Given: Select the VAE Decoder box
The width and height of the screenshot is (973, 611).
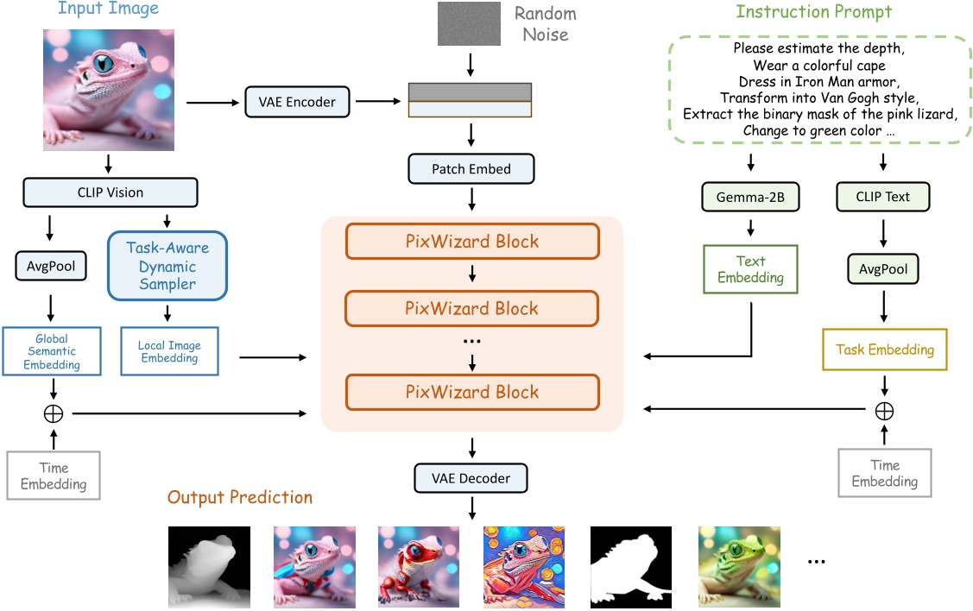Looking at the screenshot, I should pos(471,478).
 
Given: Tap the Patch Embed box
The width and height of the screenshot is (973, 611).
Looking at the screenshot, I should pos(471,169).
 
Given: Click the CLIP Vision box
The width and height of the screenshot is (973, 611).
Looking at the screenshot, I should pos(111,192).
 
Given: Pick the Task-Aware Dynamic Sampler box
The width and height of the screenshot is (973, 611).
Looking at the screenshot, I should pos(167,266).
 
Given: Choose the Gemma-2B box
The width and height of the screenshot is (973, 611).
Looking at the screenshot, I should pos(750,197).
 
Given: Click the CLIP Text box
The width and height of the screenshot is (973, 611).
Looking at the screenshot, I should pos(882,197).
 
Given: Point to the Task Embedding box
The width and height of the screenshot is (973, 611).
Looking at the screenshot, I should pos(885,350).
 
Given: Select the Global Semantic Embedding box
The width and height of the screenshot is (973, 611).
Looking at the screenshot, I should pos(52,351).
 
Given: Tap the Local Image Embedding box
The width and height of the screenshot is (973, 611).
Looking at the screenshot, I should pos(169,351).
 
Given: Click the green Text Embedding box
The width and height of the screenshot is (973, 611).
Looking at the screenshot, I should pos(750,269).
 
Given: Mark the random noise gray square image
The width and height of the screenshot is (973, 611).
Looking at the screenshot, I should pos(470,23).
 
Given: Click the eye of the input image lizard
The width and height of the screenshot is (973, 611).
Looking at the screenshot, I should pos(104,64).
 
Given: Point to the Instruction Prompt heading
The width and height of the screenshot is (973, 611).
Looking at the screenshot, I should pos(813,12).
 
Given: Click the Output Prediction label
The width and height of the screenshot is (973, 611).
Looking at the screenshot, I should pos(240,498).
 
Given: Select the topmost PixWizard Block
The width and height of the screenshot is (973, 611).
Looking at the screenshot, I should pos(471,241).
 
